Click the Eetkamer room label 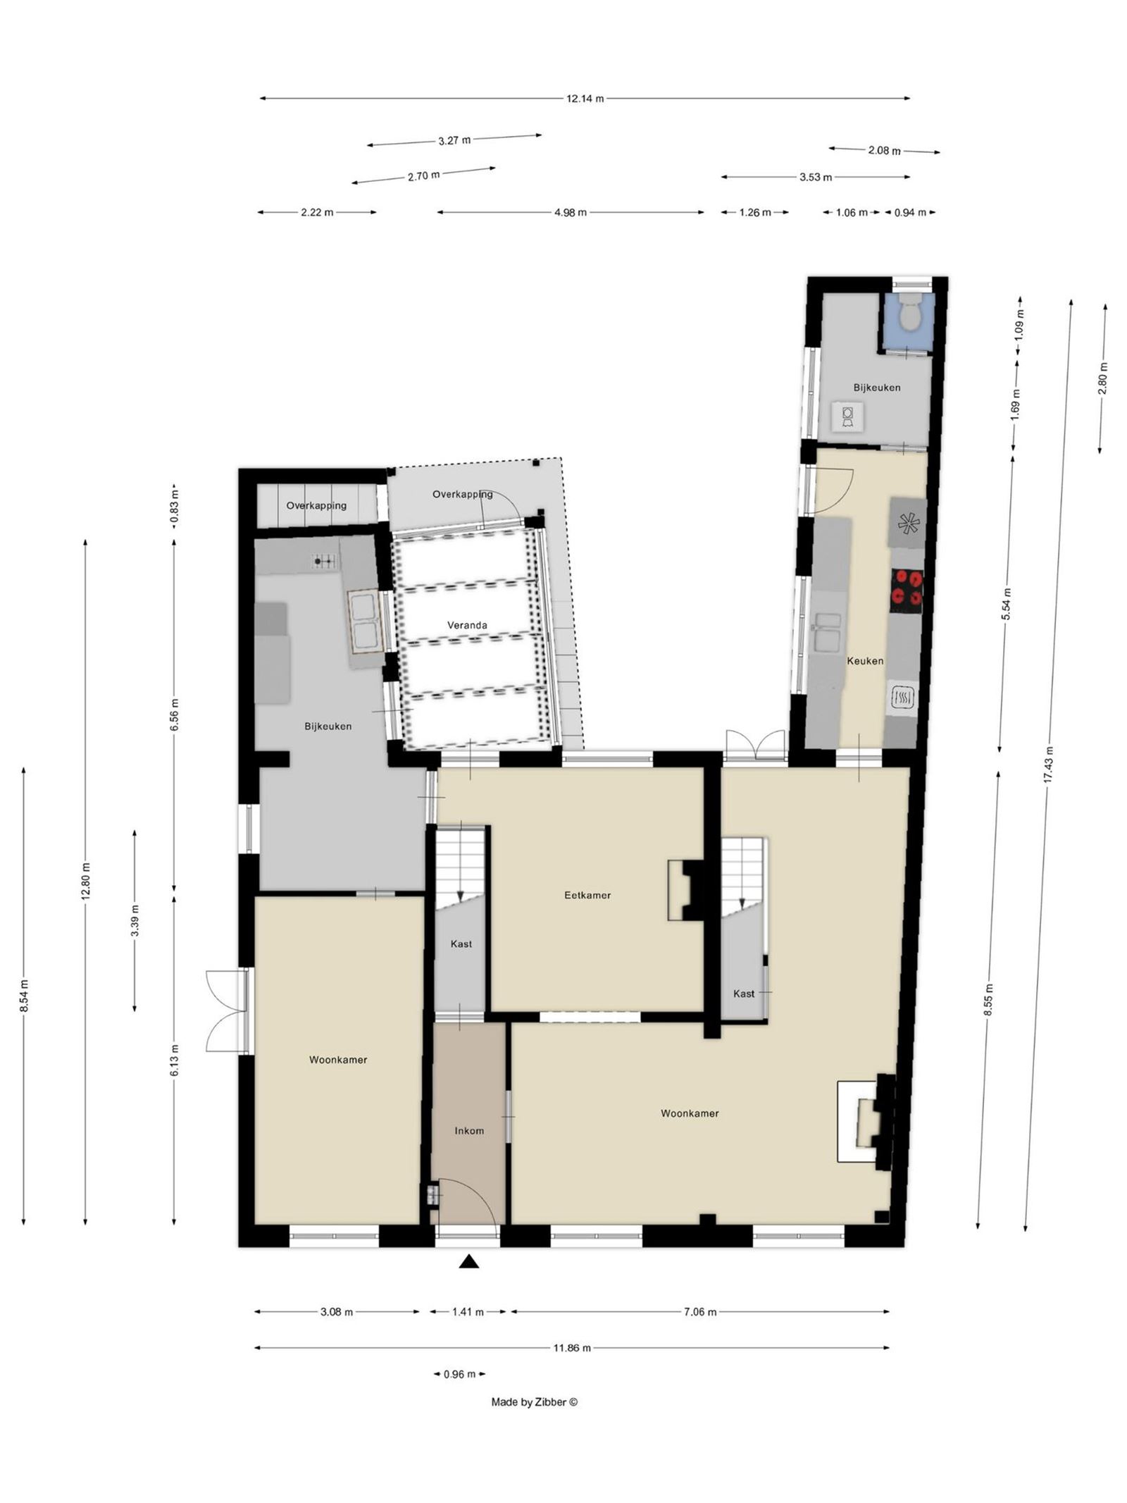click(587, 895)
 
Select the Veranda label click(467, 625)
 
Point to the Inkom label click(469, 1130)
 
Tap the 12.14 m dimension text click(585, 99)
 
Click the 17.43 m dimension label click(1049, 765)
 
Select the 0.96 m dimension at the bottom click(459, 1374)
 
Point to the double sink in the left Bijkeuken click(365, 620)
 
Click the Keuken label click(865, 661)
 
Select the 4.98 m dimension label click(571, 212)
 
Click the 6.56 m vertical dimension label click(175, 716)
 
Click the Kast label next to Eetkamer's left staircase click(461, 944)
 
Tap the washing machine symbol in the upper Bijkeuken click(847, 416)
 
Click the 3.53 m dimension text click(815, 177)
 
